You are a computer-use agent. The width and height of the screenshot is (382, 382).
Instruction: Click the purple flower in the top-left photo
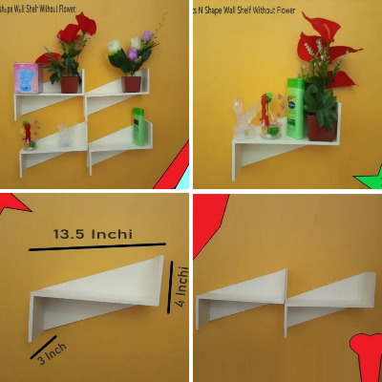coord(145,39)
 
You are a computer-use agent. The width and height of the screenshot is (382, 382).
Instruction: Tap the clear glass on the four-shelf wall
coord(65,136)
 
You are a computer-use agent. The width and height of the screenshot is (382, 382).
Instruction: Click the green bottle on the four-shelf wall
coord(139,127)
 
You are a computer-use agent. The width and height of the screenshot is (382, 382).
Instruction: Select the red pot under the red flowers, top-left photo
coord(69,84)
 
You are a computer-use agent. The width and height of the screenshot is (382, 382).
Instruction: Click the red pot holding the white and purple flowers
coord(132,83)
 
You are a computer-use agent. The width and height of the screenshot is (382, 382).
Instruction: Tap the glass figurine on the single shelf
coord(246,118)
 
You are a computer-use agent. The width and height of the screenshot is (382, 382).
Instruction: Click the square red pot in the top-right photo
coord(322,127)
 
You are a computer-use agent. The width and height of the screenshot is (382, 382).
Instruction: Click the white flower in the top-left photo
coord(115,46)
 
